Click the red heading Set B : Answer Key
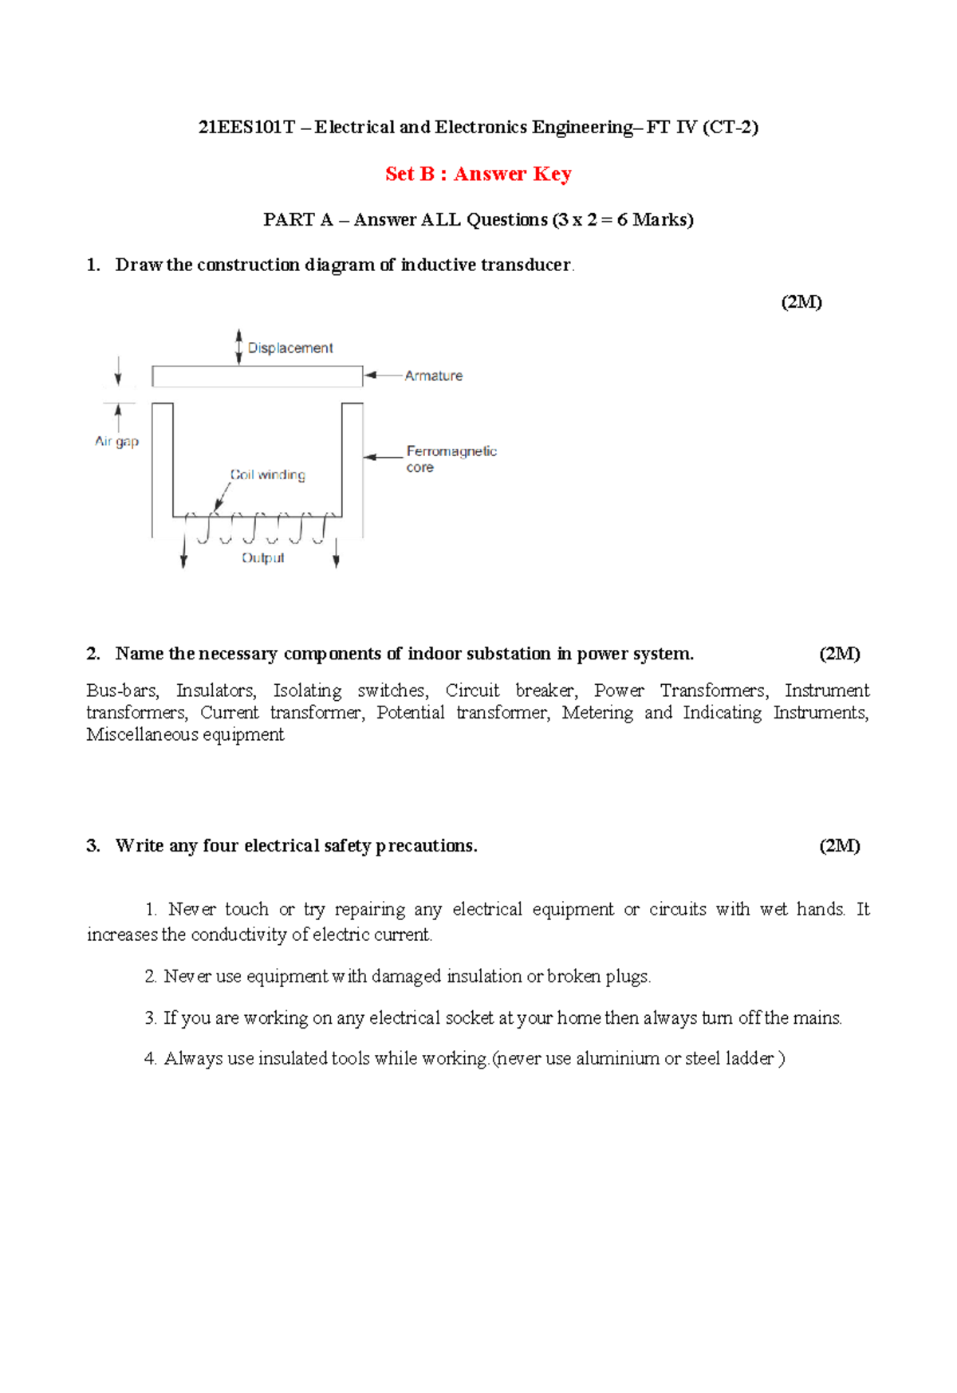point(478,174)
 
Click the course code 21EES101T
point(246,128)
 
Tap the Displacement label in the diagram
point(290,348)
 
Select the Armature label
point(433,376)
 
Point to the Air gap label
point(116,441)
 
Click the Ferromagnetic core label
point(451,458)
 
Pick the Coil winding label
point(268,474)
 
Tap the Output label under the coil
point(262,558)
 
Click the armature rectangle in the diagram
point(257,376)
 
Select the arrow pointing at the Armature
point(383,375)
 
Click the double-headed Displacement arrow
point(238,347)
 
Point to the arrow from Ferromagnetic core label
point(383,457)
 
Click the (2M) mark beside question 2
point(839,654)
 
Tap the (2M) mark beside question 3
point(839,846)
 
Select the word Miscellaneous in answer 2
point(141,734)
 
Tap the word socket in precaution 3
point(469,1017)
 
